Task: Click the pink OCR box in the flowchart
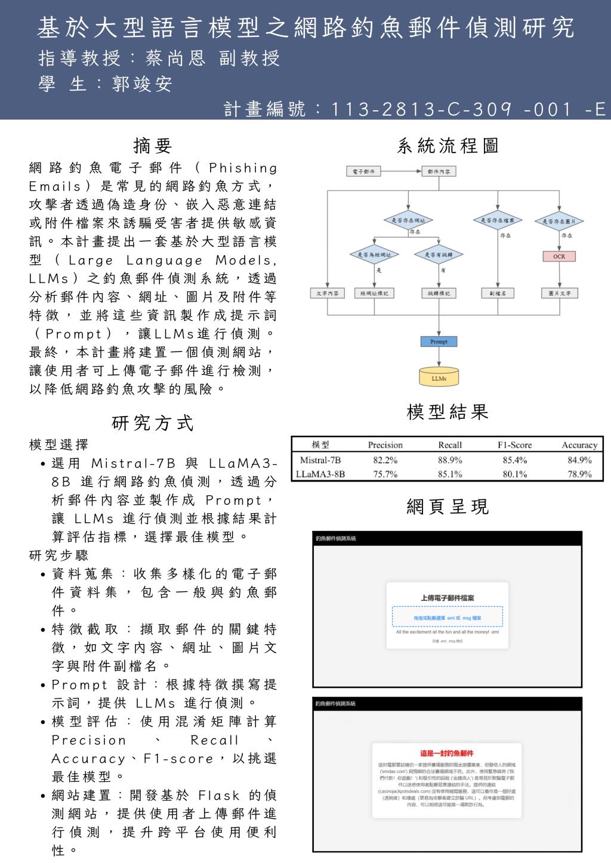coord(558,257)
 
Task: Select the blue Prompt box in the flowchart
coord(439,342)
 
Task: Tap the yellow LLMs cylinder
coord(439,377)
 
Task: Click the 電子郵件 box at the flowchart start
coord(363,172)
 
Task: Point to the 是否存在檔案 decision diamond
coord(497,221)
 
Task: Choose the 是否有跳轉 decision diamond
coord(439,254)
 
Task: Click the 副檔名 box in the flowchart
coord(497,293)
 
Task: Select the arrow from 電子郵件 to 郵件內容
coord(401,172)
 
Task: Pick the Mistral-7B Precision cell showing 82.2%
coord(385,460)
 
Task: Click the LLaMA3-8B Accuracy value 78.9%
coord(579,474)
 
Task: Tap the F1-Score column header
coord(514,445)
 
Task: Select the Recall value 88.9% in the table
coord(449,460)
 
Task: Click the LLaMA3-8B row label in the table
coord(320,474)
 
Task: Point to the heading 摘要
coord(153,145)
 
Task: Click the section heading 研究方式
coord(153,423)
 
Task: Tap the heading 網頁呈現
coord(448,507)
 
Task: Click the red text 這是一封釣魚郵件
coord(447,753)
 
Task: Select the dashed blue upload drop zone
coord(447,617)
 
